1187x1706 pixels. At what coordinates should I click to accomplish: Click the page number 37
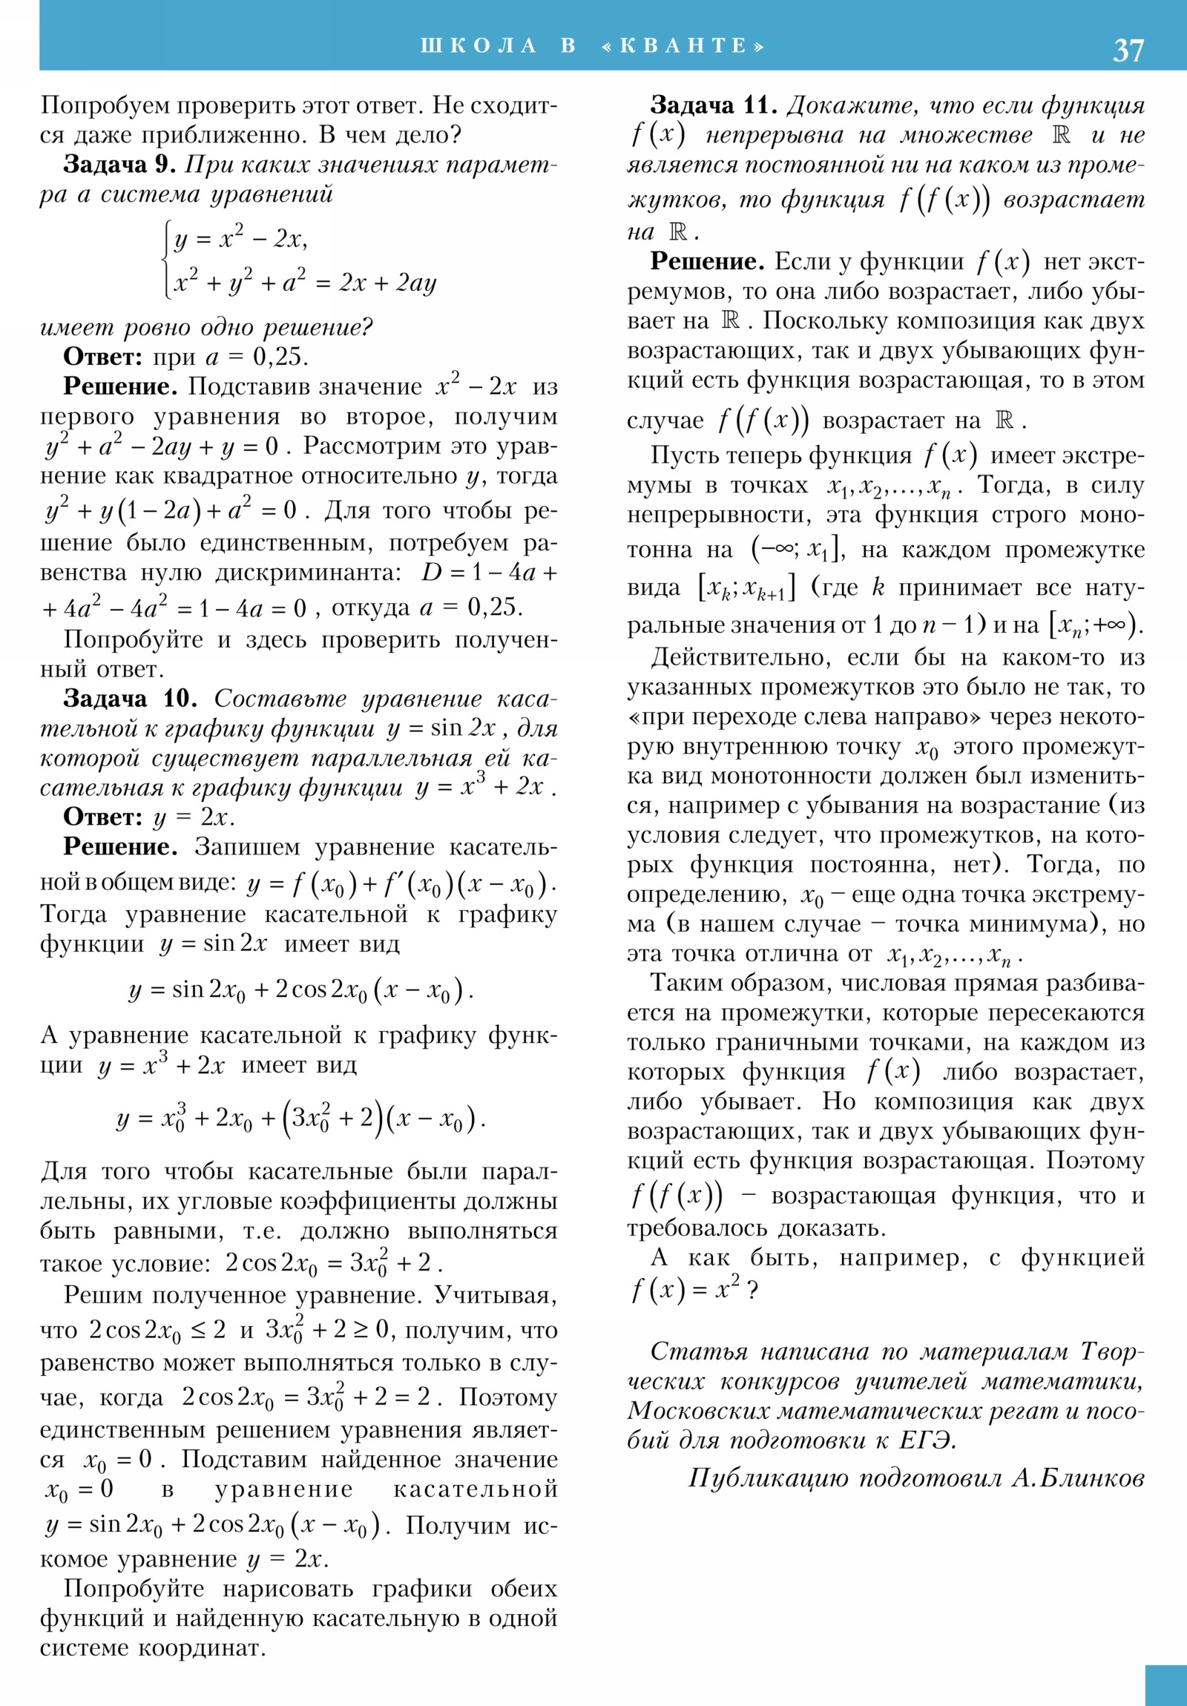click(1128, 50)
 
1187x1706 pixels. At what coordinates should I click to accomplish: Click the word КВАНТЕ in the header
click(683, 46)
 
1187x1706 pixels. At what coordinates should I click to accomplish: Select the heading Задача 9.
click(119, 164)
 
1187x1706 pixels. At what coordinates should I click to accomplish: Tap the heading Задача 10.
click(130, 699)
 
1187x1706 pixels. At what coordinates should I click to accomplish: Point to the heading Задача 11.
click(714, 105)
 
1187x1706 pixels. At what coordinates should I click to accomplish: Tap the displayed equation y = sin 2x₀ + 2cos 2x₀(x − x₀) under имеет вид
click(300, 989)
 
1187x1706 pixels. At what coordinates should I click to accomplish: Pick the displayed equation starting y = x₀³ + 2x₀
click(300, 1119)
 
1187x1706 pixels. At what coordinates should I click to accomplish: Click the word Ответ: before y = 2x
click(102, 817)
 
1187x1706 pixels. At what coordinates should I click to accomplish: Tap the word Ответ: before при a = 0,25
click(102, 357)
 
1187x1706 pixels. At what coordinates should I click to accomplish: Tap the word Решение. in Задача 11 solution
click(707, 262)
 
